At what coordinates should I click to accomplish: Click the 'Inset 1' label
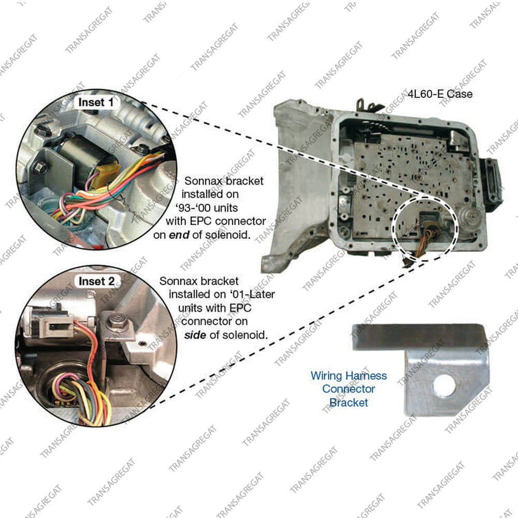click(96, 103)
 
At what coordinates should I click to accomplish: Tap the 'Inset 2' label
click(96, 281)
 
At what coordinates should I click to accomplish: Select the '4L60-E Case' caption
click(440, 94)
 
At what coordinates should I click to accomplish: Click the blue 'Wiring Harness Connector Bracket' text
click(349, 389)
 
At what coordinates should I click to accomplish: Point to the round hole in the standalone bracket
click(444, 385)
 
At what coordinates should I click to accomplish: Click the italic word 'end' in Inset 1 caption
click(179, 235)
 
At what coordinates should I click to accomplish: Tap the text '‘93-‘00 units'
click(207, 208)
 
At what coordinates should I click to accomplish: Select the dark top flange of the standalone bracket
click(418, 336)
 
